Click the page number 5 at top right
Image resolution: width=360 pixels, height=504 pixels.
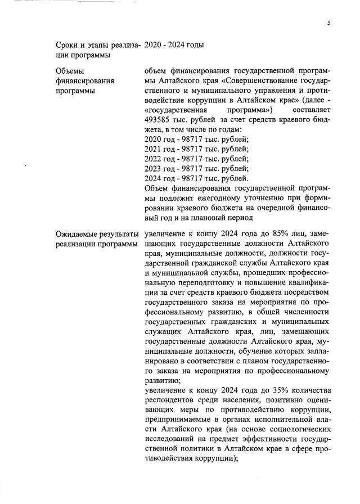[x=328, y=22]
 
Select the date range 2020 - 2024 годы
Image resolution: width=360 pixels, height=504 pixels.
[x=174, y=44]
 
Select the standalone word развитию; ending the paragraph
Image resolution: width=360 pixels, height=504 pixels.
[x=162, y=379]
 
